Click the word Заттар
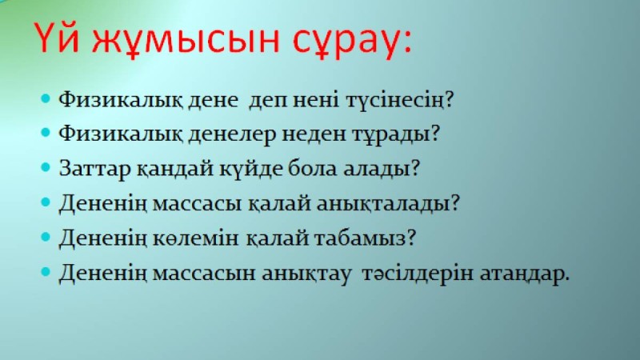click(x=91, y=170)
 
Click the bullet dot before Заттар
click(x=46, y=169)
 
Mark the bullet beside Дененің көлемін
click(x=46, y=238)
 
